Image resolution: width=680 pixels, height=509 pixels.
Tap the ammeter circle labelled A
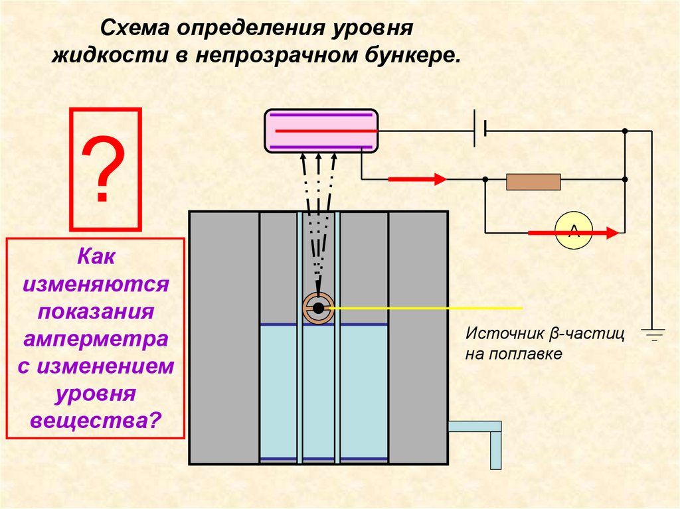[573, 232]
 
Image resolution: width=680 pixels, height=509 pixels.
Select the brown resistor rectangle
[533, 181]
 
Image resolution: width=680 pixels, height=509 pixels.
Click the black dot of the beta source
[319, 308]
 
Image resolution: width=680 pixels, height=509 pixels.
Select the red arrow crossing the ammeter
[574, 232]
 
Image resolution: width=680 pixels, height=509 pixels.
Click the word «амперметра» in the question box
[96, 338]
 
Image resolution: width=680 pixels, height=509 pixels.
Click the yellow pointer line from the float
[425, 308]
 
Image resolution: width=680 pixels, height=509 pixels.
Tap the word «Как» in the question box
[96, 256]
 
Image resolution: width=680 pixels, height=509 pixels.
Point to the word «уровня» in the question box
[96, 393]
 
